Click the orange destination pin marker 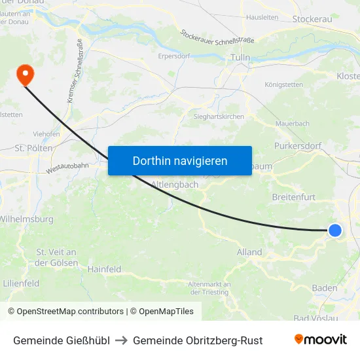(25, 74)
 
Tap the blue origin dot (334, 230)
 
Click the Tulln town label (240, 58)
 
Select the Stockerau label (312, 19)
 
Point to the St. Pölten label (28, 148)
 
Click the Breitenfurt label (293, 196)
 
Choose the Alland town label (249, 252)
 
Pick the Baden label (325, 288)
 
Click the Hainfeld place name (105, 268)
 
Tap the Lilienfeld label (21, 283)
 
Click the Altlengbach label (174, 185)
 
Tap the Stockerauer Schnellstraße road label (217, 36)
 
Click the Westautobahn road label (67, 168)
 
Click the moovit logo (321, 340)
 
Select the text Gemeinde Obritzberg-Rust (198, 340)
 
